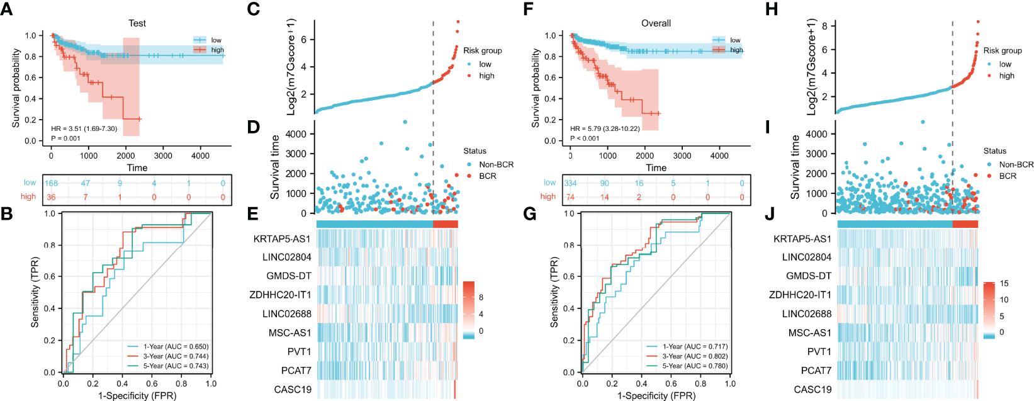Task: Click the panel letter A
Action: (x=7, y=9)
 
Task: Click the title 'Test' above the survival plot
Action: (x=137, y=23)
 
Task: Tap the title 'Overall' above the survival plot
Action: (x=656, y=23)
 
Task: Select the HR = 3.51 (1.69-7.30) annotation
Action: (x=84, y=129)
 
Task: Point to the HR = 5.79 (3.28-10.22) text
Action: (x=605, y=129)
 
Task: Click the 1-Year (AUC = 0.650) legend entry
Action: (x=176, y=347)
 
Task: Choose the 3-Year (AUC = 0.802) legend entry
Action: (x=695, y=356)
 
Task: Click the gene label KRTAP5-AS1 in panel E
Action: (x=282, y=239)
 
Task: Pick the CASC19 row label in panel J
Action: (x=812, y=390)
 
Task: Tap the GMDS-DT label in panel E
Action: (x=288, y=276)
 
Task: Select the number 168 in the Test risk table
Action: (x=51, y=183)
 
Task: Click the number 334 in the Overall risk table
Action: (x=570, y=183)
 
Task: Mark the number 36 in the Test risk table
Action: (x=51, y=197)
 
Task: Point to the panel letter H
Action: (x=771, y=9)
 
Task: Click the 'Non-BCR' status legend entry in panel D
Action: (x=496, y=165)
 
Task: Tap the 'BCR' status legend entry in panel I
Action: (x=1008, y=176)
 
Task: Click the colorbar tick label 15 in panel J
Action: (x=1004, y=284)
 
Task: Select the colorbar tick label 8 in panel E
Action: (x=481, y=297)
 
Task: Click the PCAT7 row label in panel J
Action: (x=816, y=371)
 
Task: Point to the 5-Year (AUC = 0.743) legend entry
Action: (x=176, y=366)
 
